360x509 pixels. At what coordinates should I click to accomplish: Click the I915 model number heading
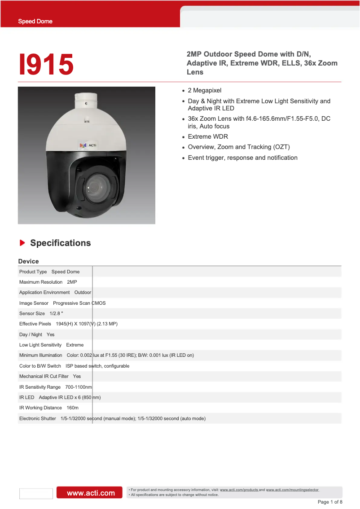46,64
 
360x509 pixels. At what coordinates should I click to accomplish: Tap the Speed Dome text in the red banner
35,21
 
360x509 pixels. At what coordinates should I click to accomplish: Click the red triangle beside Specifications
22,243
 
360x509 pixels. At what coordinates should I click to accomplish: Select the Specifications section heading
60,243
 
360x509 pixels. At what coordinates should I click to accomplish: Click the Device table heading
28,261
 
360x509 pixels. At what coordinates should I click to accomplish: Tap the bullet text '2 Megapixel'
204,90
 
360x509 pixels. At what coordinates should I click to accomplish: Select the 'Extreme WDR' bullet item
208,136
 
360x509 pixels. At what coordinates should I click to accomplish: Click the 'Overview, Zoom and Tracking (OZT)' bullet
239,147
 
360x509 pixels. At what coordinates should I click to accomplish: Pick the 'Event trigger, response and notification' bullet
242,158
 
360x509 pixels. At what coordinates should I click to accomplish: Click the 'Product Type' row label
33,272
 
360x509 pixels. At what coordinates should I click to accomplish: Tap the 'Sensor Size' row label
32,313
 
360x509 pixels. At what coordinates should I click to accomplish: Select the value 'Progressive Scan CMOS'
79,303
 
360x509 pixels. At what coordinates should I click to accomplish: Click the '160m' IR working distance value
72,408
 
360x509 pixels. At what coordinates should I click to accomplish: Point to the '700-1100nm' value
79,387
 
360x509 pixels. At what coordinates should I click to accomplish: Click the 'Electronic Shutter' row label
37,418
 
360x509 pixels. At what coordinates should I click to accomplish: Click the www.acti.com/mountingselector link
292,490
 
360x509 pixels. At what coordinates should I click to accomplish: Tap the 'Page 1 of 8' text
330,502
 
